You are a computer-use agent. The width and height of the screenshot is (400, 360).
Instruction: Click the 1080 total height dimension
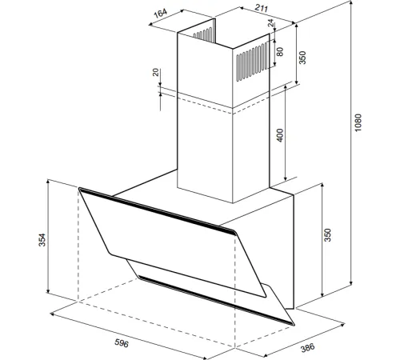coord(358,122)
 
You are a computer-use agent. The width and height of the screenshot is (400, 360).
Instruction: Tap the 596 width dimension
coord(122,343)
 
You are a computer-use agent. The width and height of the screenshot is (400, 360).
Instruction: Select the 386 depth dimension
coord(307,348)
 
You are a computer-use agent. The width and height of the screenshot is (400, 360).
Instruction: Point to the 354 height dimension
coord(42,240)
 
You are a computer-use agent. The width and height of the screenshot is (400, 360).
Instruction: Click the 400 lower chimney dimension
coord(280,135)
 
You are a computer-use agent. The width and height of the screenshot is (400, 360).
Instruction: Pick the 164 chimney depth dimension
coord(161,13)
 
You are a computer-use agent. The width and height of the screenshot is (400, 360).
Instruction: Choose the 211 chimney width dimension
coord(261,8)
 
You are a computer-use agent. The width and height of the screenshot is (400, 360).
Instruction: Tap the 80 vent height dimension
coord(280,51)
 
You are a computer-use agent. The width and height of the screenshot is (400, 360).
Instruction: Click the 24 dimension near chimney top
coord(271,23)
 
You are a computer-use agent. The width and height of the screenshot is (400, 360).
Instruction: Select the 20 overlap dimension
coord(156,72)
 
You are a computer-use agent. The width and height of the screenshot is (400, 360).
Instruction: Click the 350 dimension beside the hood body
coord(327,234)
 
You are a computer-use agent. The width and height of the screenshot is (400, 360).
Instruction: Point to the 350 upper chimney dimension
coord(302,58)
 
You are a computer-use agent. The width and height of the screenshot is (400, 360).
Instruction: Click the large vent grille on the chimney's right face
coord(252,62)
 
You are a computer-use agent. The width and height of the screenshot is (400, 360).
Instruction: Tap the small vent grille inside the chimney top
coord(203,34)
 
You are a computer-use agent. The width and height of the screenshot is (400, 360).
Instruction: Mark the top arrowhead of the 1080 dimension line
coord(351,2)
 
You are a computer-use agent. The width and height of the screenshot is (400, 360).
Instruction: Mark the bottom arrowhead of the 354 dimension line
coord(48,290)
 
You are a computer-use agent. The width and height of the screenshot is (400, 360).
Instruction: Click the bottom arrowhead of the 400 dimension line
coord(286,178)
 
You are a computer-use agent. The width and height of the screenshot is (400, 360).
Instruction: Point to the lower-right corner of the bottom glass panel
coord(294,325)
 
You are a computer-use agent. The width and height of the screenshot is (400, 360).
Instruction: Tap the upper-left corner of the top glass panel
coord(79,188)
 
